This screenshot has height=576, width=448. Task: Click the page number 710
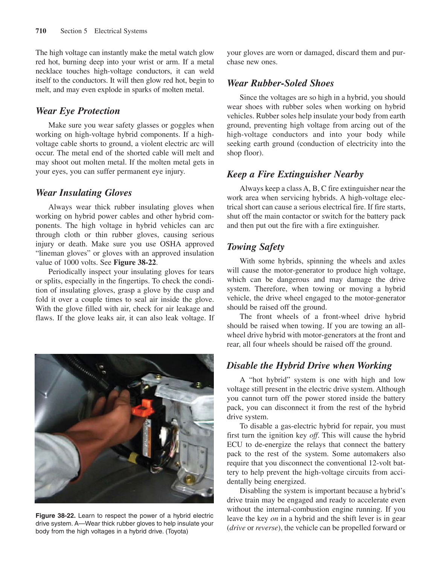(41, 31)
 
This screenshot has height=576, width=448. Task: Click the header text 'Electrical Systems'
(120, 31)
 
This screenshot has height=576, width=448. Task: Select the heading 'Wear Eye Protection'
(78, 111)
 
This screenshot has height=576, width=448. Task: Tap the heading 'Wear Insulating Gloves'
(84, 193)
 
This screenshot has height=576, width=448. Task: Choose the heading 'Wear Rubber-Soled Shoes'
(280, 83)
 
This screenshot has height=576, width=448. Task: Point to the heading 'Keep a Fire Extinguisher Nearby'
(295, 174)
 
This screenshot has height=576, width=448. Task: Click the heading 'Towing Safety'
(255, 247)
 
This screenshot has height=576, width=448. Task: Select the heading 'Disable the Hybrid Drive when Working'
(309, 366)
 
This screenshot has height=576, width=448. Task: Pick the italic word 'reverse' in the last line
(266, 527)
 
